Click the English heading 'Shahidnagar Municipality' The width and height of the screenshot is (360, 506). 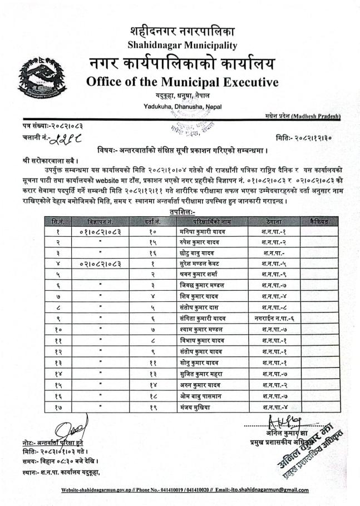pos(182,45)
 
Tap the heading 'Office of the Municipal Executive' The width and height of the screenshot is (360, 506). pos(182,83)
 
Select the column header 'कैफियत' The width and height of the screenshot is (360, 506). pos(314,221)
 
